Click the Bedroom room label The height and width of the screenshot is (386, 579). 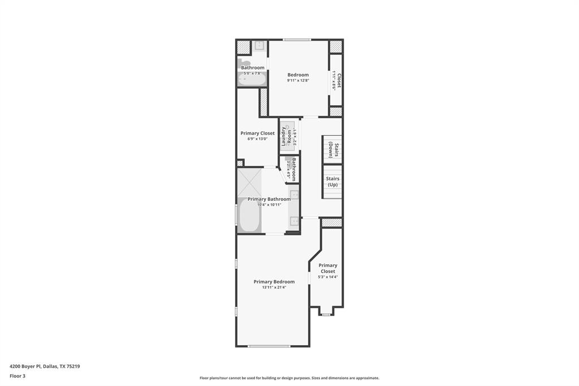[298, 75]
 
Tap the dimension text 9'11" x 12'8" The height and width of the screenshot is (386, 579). [298, 80]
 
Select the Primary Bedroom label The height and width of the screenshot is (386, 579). [274, 281]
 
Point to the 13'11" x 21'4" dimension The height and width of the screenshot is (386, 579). [274, 288]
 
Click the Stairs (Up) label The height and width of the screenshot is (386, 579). [332, 182]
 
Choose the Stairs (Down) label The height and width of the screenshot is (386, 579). [332, 150]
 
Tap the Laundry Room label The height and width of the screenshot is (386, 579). [287, 136]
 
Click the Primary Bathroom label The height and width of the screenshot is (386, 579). [269, 199]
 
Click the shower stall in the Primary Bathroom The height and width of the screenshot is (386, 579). [249, 182]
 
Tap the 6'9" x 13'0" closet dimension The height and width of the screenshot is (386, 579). [257, 139]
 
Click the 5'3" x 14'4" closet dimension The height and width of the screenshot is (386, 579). [328, 277]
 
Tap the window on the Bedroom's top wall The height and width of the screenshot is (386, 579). [297, 40]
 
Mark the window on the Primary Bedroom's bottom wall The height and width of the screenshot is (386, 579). [269, 346]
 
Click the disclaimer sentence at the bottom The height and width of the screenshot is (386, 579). [289, 378]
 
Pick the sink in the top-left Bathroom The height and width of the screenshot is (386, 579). [259, 46]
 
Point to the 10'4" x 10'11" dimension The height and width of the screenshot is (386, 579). [269, 205]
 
